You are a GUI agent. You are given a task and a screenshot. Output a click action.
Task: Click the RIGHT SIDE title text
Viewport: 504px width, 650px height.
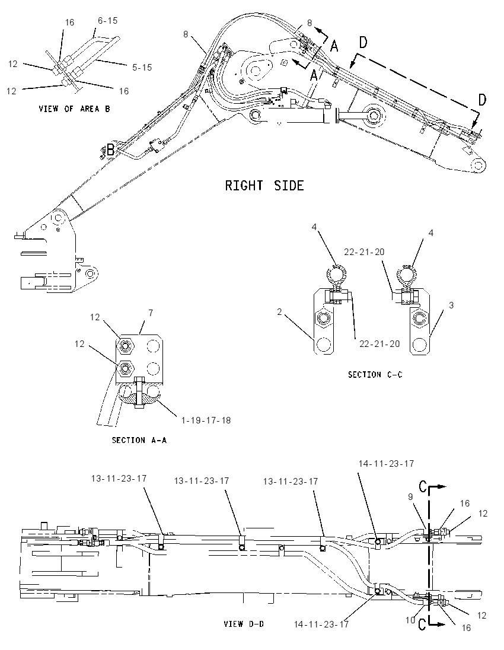(264, 185)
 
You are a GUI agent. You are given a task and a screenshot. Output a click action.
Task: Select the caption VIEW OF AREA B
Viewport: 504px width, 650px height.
(75, 109)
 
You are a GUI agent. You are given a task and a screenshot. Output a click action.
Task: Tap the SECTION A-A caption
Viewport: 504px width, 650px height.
(139, 440)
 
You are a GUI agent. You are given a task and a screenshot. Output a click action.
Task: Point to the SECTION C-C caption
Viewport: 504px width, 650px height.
(375, 374)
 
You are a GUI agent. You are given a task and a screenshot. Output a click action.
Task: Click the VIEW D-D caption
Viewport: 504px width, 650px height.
(244, 623)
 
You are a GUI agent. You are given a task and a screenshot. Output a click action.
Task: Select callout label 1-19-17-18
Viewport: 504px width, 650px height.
(206, 420)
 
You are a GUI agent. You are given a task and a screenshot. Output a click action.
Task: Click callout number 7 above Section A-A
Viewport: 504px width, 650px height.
(151, 313)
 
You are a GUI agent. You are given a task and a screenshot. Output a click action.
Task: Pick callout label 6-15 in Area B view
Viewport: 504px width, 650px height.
(108, 20)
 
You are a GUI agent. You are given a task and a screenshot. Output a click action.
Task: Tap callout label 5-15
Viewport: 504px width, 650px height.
(142, 67)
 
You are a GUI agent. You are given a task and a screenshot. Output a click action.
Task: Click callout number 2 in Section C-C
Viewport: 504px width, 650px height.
(279, 311)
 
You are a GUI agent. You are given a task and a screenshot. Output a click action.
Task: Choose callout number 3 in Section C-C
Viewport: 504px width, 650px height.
(451, 305)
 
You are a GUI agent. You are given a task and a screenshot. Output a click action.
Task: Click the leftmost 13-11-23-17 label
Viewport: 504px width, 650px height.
(119, 479)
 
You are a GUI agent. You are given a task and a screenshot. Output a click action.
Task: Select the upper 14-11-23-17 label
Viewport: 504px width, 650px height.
(386, 463)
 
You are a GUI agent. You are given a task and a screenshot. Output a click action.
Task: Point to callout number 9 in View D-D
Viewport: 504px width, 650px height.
(410, 496)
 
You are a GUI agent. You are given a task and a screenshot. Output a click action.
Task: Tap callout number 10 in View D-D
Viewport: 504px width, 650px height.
(410, 620)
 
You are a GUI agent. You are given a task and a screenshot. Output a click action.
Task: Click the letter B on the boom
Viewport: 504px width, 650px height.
(110, 149)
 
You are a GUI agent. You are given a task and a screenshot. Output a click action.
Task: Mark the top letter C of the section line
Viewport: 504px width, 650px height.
(423, 487)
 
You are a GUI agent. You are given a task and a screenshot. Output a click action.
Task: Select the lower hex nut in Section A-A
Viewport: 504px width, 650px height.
(125, 367)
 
